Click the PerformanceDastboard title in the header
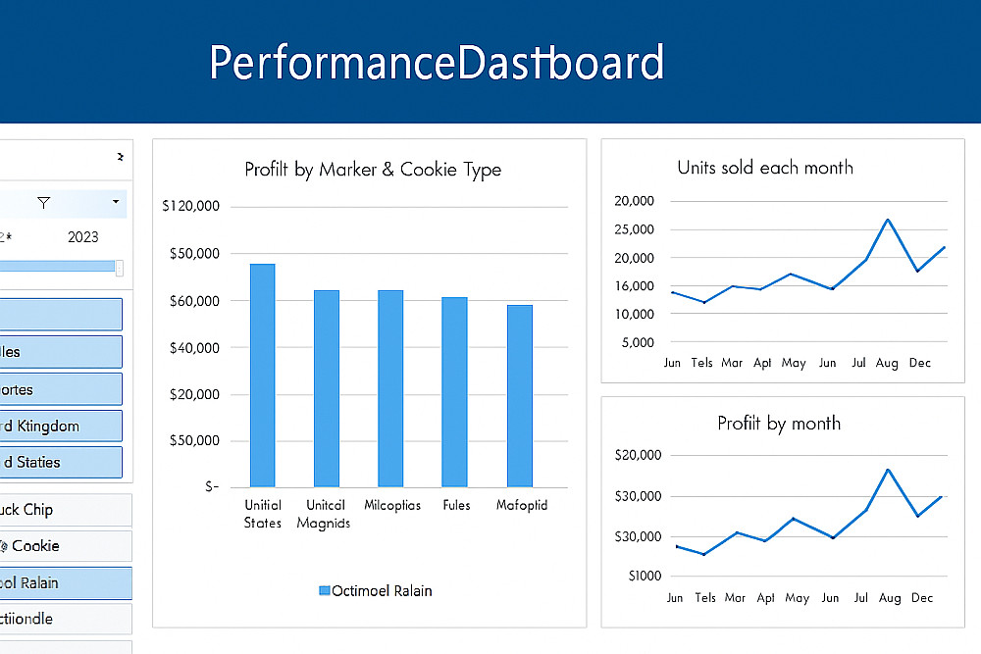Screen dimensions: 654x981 (437, 63)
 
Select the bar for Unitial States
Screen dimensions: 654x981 (262, 376)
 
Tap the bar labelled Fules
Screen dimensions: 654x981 (454, 392)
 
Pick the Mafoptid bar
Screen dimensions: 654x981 (520, 396)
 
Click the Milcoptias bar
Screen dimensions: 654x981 (390, 388)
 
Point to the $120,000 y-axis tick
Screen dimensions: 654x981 (192, 206)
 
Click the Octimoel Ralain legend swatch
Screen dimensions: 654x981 (325, 590)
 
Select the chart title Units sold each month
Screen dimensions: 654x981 (765, 168)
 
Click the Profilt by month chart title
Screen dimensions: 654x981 (779, 424)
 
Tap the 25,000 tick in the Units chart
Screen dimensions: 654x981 (633, 229)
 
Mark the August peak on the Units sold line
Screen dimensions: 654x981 (887, 220)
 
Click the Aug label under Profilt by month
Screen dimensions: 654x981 (890, 597)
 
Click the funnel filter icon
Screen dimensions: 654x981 (43, 203)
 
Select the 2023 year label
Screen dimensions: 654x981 (82, 236)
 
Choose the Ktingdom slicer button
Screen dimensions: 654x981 (59, 426)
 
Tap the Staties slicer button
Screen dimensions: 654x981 (59, 462)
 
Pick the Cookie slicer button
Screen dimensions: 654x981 (59, 546)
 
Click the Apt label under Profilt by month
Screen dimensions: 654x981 (766, 597)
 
